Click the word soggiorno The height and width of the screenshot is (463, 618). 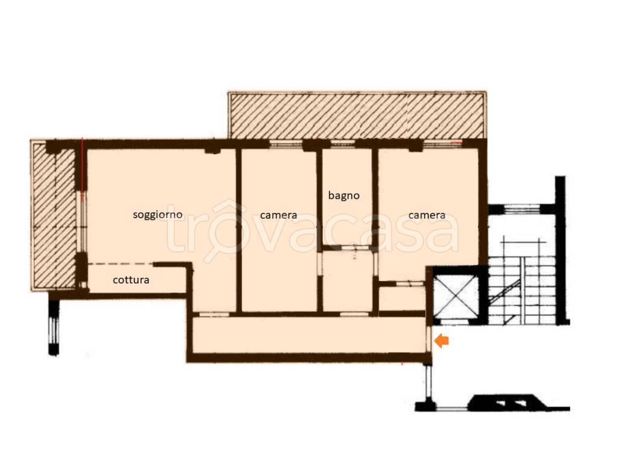click(x=158, y=215)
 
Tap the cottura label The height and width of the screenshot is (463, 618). click(x=131, y=280)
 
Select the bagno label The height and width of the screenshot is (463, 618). click(x=343, y=196)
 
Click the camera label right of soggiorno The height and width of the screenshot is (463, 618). click(x=278, y=215)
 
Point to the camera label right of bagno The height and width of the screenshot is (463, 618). click(x=427, y=215)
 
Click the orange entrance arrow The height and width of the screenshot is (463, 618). click(x=441, y=341)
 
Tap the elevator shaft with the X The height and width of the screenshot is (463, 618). click(x=455, y=295)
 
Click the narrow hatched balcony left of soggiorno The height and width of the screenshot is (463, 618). click(x=54, y=215)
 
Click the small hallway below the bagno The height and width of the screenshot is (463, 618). click(x=347, y=280)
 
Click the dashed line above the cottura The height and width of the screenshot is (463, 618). click(x=121, y=264)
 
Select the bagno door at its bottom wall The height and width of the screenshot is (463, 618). click(x=354, y=248)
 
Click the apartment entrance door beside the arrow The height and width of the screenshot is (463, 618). click(x=429, y=339)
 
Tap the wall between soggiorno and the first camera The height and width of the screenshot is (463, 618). click(x=238, y=230)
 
